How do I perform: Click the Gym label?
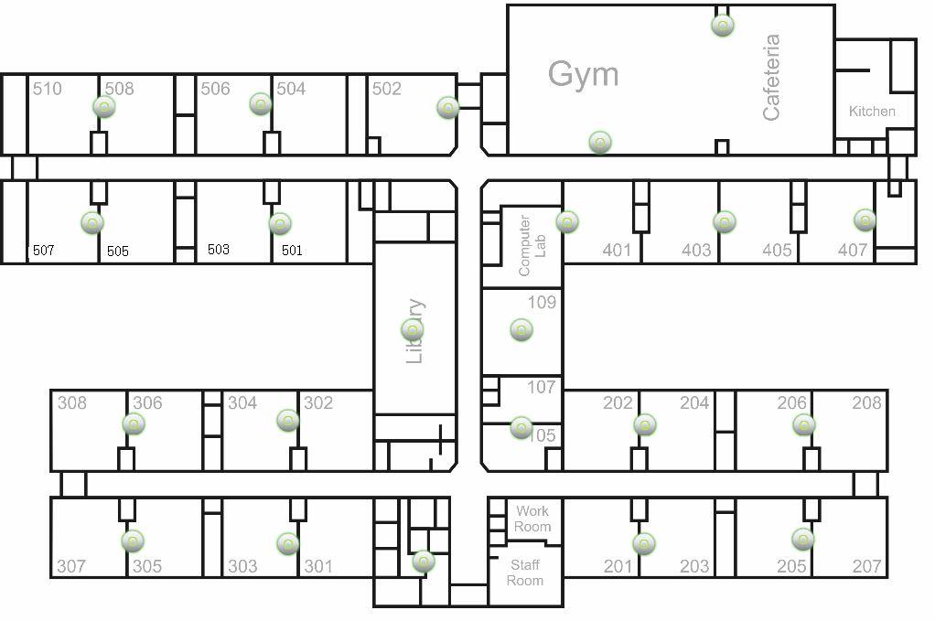click(x=583, y=74)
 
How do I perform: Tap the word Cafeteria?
click(x=771, y=78)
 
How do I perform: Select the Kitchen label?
click(x=872, y=112)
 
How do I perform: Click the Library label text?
click(x=414, y=331)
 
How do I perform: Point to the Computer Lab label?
click(x=532, y=245)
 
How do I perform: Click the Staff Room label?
click(x=525, y=573)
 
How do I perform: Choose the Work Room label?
click(x=532, y=519)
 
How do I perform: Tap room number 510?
click(x=47, y=89)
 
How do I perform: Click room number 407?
click(x=853, y=250)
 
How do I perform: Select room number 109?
click(x=542, y=302)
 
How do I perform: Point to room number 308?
click(x=71, y=402)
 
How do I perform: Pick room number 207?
click(x=866, y=566)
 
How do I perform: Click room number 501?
click(x=292, y=250)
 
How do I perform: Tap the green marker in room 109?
click(x=521, y=330)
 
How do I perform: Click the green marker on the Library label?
click(x=413, y=330)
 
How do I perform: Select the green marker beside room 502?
click(x=447, y=107)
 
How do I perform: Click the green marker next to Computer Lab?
click(x=567, y=222)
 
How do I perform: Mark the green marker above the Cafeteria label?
click(x=723, y=25)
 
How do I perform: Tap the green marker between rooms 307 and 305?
click(x=133, y=541)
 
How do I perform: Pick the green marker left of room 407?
click(x=865, y=219)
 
